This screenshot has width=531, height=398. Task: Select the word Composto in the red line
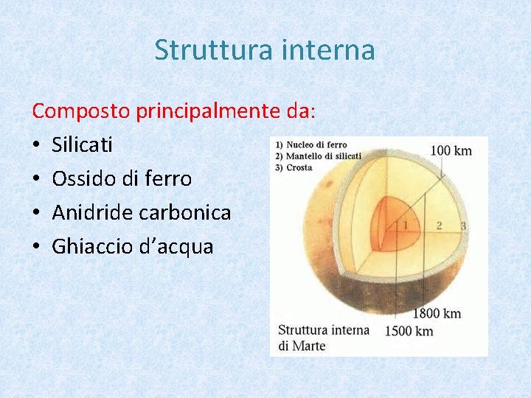point(81,111)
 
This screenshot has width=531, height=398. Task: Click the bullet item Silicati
point(83,145)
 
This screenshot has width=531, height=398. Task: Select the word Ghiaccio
point(92,247)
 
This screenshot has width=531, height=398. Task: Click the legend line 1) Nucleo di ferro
point(312,145)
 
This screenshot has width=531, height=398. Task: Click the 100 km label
point(451,151)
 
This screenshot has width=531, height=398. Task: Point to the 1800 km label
point(437,313)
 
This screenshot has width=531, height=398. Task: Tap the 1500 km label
point(409,331)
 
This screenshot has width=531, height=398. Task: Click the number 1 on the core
point(406,225)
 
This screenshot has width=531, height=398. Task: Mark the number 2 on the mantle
point(439,225)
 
